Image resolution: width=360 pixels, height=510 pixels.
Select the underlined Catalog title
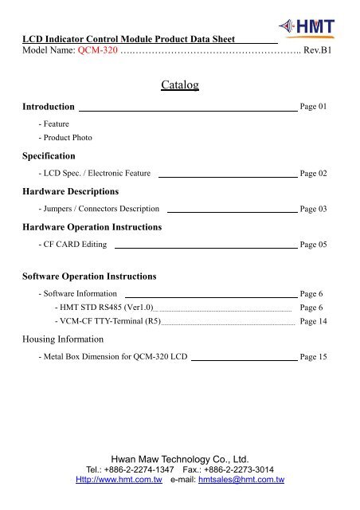click(179, 84)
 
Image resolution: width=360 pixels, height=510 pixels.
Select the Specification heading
click(49, 155)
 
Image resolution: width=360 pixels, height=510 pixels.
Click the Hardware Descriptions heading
click(71, 191)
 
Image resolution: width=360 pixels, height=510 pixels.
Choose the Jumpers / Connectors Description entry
click(99, 209)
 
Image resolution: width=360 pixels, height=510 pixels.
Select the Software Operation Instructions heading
click(89, 277)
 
